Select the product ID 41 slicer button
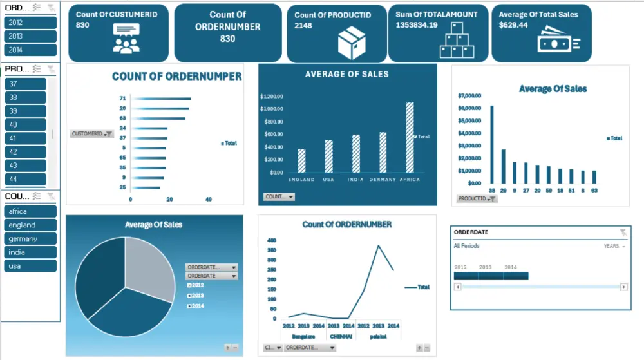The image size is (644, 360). point(25,138)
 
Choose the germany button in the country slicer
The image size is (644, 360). point(30,239)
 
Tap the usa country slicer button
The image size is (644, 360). point(30,266)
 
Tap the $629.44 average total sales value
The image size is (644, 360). point(513,25)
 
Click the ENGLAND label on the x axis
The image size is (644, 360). point(301,179)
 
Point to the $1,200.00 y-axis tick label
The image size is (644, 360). point(272,96)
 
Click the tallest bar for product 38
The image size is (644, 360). point(492,145)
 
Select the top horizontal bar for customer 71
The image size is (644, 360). point(162,99)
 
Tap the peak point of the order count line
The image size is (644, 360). point(379,245)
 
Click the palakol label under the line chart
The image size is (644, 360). point(378,335)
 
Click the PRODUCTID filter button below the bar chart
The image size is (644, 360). point(477,199)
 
